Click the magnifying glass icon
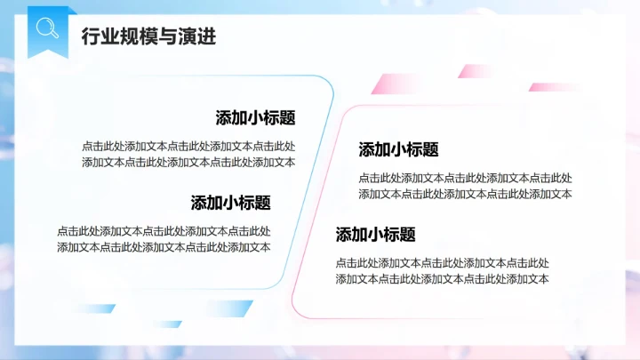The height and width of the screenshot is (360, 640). pyautogui.click(x=46, y=28)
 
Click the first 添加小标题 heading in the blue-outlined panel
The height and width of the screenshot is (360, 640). pyautogui.click(x=255, y=118)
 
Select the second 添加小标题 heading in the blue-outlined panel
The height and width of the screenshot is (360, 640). pyautogui.click(x=230, y=203)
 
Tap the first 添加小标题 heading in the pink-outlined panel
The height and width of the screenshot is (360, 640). pyautogui.click(x=398, y=149)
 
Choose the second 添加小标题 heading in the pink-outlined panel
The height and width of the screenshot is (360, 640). pyautogui.click(x=375, y=235)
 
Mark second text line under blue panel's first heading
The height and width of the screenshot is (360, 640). pyautogui.click(x=188, y=162)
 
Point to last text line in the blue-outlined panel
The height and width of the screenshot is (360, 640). pyautogui.click(x=164, y=247)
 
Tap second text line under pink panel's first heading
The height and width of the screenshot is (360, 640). pyautogui.click(x=465, y=194)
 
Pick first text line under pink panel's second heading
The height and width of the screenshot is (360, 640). pyautogui.click(x=442, y=263)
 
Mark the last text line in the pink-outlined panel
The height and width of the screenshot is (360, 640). pyautogui.click(x=442, y=279)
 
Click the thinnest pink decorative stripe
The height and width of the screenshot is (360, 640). pyautogui.click(x=553, y=87)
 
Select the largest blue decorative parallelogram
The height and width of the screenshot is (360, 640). pyautogui.click(x=227, y=309)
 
